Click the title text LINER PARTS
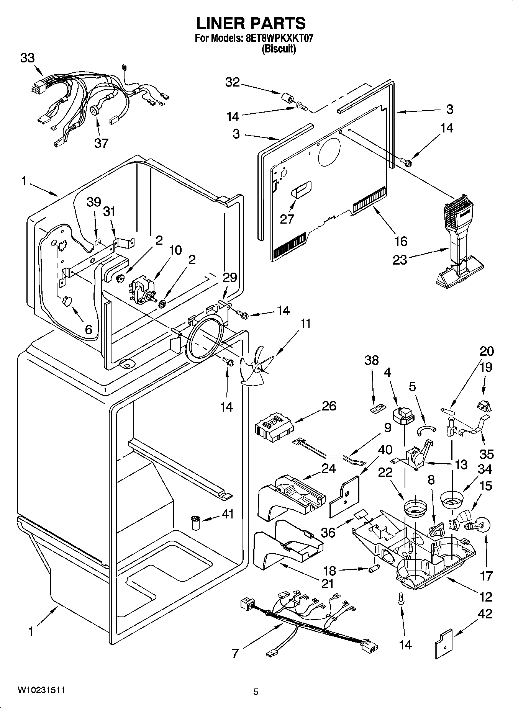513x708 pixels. tap(251, 23)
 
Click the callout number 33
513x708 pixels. tap(27, 58)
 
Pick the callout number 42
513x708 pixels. tap(485, 614)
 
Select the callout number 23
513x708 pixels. tap(400, 260)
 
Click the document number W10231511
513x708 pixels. tap(41, 690)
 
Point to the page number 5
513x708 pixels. tap(256, 692)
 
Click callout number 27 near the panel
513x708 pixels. tap(287, 219)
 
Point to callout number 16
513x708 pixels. tap(401, 241)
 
